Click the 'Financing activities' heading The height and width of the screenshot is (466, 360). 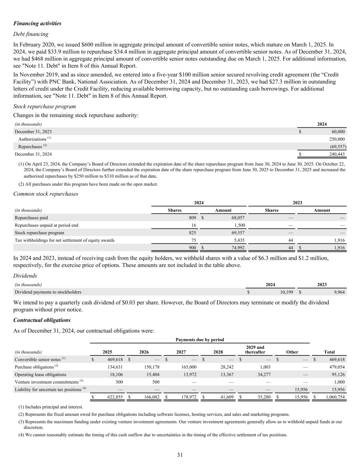tap(37, 24)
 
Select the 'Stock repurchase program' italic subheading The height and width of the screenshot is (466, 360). tap(44, 107)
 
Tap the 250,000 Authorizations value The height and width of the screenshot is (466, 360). tap(336, 139)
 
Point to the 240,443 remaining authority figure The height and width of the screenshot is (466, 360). tap(336, 154)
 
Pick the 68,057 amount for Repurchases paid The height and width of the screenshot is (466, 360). tap(237, 218)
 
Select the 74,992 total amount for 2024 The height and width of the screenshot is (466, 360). tap(237, 248)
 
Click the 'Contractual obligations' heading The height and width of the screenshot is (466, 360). tap(42, 320)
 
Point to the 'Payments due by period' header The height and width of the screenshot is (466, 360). tap(200, 340)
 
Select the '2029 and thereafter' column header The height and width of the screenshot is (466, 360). tap(255, 350)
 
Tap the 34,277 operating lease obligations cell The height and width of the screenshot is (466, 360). tap(263, 375)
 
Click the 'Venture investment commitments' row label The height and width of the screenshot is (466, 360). tap(46, 382)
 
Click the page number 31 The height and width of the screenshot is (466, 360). tap(180, 455)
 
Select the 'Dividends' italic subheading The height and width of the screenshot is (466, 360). tap(25, 276)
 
